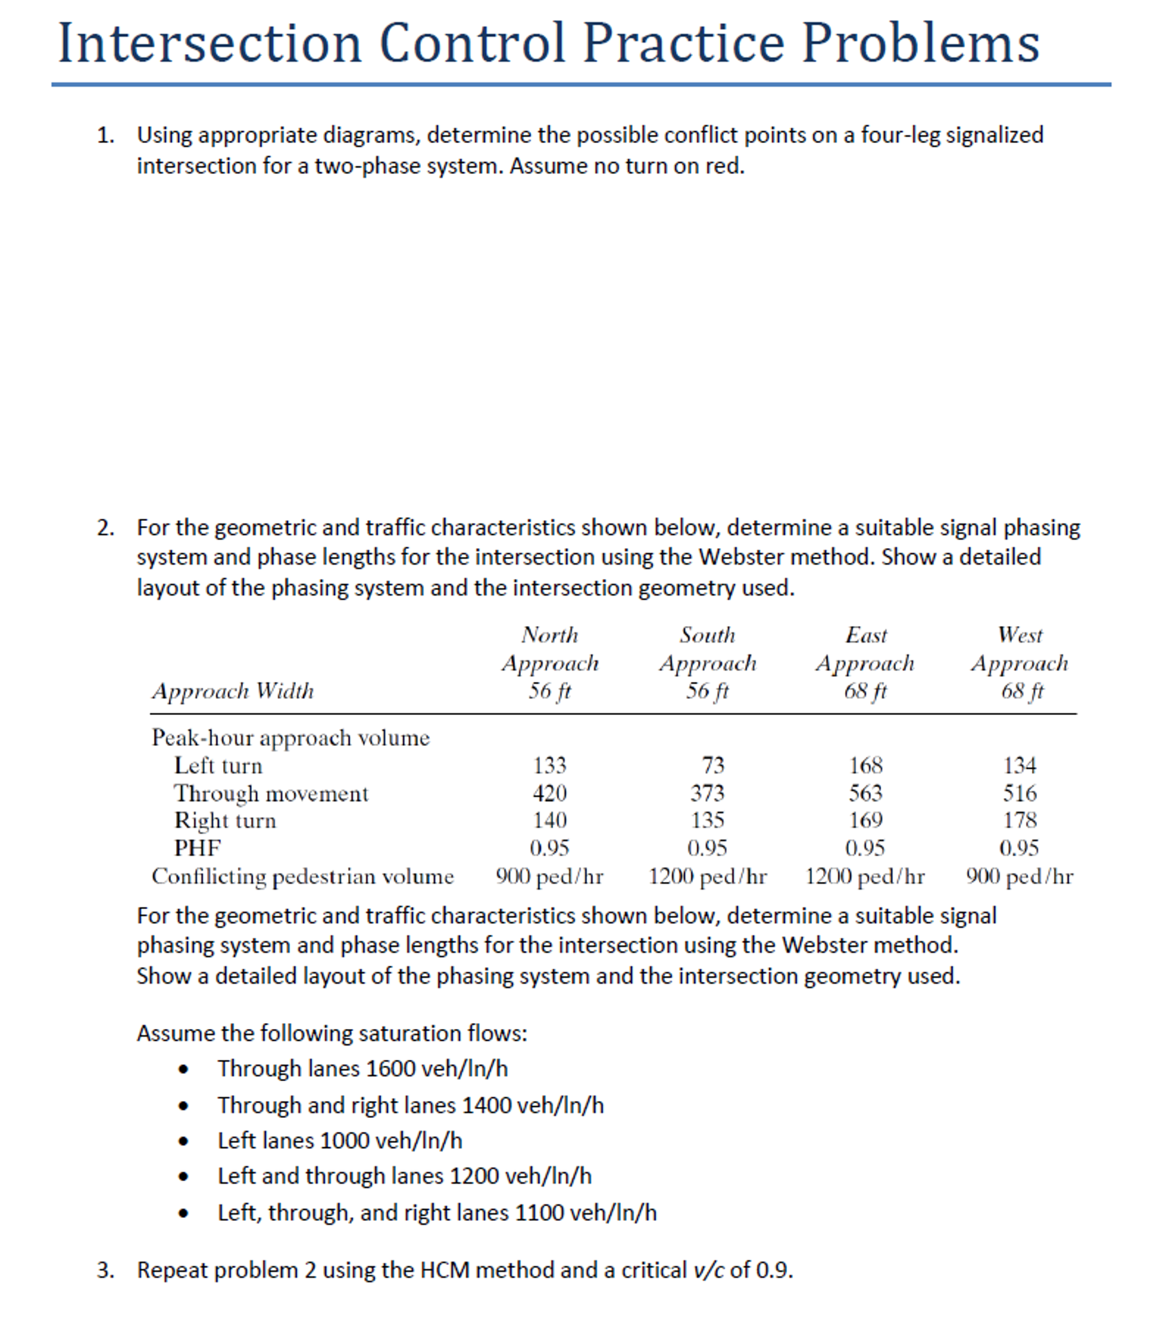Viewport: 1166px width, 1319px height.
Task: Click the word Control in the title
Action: click(472, 43)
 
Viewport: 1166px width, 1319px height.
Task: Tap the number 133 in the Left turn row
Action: click(549, 765)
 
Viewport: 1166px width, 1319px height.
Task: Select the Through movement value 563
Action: click(864, 792)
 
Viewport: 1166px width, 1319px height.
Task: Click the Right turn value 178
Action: click(1020, 819)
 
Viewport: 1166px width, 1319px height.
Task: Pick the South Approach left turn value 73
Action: click(713, 765)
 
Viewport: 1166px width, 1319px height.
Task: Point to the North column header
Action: click(549, 635)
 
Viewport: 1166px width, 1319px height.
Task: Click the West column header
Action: click(1020, 635)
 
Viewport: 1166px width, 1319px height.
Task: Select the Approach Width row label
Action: click(233, 691)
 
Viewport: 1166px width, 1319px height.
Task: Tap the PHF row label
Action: click(197, 847)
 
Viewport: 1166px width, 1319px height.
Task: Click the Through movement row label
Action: click(271, 793)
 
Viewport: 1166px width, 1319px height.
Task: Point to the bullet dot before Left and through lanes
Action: click(184, 1177)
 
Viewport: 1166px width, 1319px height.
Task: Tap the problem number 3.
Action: click(105, 1270)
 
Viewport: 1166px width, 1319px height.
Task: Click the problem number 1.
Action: click(105, 135)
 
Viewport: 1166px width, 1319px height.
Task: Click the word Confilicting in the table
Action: click(208, 876)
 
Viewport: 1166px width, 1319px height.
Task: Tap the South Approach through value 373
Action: click(707, 792)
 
